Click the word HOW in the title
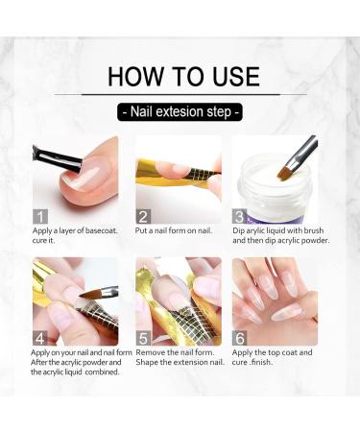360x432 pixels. tap(135, 77)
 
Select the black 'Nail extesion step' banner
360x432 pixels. tap(180, 112)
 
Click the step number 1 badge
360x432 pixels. tap(40, 217)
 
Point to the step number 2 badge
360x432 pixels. tap(143, 217)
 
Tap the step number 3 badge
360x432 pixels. tap(239, 217)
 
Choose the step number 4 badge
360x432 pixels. tap(40, 338)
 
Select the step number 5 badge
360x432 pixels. tap(143, 338)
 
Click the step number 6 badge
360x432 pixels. tap(239, 338)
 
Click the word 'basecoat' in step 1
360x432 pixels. tap(101, 230)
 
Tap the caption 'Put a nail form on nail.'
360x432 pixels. tap(174, 230)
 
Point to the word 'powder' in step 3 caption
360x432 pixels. tap(315, 241)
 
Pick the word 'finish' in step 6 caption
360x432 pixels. tap(261, 363)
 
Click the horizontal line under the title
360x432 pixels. tap(180, 95)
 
